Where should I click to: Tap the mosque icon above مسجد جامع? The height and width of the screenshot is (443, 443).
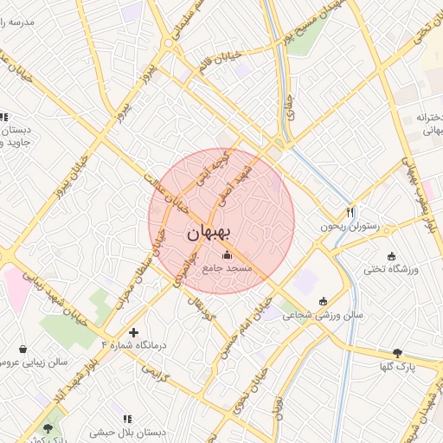pos(228,255)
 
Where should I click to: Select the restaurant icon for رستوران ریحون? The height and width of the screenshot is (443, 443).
pos(350,212)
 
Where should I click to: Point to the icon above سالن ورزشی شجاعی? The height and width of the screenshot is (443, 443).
pos(324,302)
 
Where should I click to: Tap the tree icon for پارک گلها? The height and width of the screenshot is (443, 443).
pos(398,352)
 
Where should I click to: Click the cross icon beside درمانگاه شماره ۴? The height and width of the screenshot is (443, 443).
pos(133,331)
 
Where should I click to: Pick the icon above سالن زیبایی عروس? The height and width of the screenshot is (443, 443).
pos(22,349)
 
